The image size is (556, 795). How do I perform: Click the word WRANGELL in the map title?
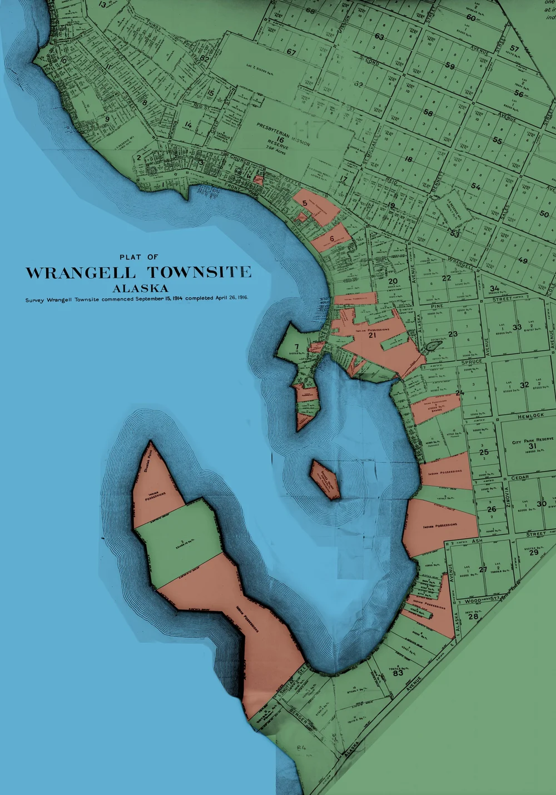point(80,273)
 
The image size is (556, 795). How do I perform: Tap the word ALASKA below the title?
point(140,288)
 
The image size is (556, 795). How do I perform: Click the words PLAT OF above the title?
point(138,257)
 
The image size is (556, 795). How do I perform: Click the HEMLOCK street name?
point(530,416)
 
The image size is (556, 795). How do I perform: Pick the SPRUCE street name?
point(471,362)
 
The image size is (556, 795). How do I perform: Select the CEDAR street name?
point(520,477)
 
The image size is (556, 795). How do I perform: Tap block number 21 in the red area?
point(373,335)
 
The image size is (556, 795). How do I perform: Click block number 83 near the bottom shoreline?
point(398,673)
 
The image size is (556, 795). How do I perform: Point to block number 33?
point(517,327)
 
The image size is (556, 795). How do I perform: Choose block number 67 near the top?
point(291,52)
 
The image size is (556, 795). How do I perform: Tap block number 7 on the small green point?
point(296,347)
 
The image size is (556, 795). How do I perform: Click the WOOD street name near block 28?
point(473,601)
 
